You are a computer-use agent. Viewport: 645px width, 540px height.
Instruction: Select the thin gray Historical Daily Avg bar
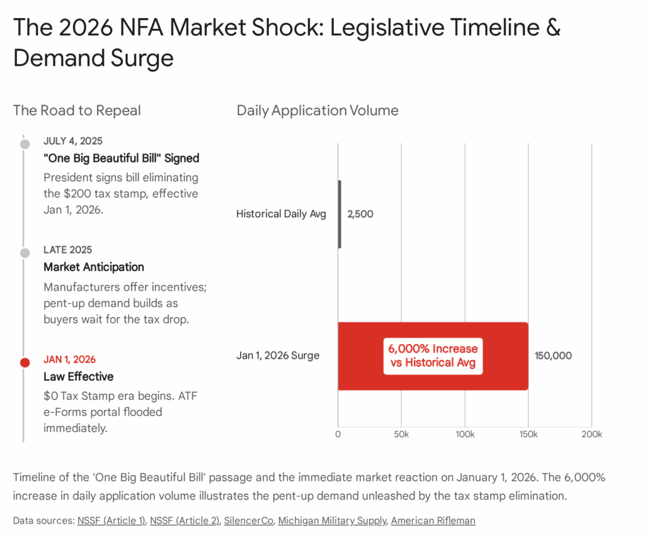(340, 214)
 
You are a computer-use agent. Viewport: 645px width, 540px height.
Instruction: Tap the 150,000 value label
(553, 356)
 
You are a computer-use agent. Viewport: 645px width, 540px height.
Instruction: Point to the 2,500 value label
(360, 214)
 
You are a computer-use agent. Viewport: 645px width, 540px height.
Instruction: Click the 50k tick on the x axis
(401, 434)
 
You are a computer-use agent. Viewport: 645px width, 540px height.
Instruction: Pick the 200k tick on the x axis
(591, 434)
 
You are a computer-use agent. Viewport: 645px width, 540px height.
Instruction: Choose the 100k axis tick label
(465, 434)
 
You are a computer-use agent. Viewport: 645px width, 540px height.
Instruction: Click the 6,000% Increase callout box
(433, 356)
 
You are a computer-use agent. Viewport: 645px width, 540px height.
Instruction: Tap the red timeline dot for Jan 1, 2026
(25, 363)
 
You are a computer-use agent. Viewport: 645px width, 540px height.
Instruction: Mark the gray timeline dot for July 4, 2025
(25, 144)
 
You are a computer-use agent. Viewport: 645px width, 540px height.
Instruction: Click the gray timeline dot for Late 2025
(25, 253)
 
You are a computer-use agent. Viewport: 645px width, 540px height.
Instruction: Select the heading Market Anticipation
(94, 267)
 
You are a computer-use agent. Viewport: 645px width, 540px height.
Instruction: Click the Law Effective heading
(79, 376)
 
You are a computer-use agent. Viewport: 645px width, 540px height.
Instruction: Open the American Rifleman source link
(433, 520)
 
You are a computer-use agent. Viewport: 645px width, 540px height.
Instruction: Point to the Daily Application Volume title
(317, 111)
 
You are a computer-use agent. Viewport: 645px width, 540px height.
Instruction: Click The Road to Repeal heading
(77, 111)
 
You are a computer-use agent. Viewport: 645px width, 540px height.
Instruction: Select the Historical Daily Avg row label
(281, 214)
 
